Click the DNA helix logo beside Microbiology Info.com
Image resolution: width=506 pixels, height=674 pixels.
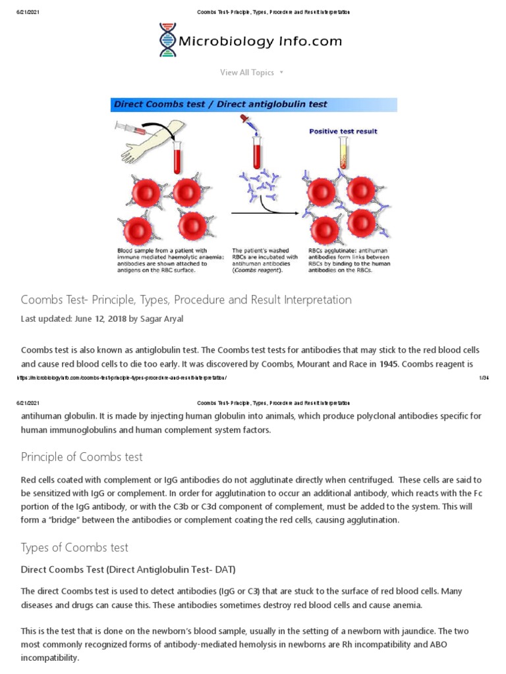point(168,40)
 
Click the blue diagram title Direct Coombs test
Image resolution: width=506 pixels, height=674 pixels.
point(221,104)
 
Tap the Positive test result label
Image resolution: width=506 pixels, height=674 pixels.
point(343,131)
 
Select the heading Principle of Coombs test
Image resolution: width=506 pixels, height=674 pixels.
point(82,457)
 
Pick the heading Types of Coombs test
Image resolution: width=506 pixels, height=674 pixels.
point(74,548)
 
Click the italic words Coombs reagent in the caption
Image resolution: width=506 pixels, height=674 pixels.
point(260,270)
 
